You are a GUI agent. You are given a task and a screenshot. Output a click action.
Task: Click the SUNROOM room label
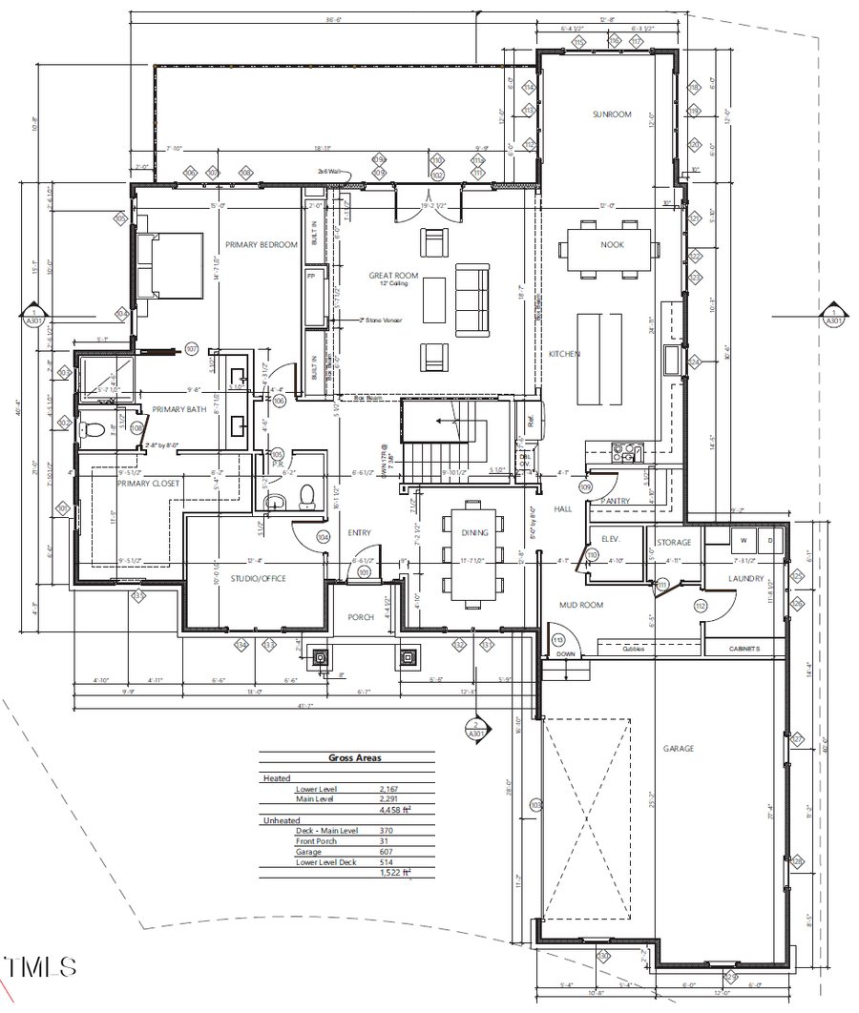tap(612, 114)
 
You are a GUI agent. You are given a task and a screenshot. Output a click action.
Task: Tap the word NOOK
tap(612, 244)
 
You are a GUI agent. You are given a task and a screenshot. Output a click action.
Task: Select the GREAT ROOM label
tap(394, 276)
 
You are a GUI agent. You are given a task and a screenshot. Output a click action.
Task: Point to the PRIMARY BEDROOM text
tap(261, 244)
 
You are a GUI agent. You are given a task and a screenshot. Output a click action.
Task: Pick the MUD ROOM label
tap(581, 605)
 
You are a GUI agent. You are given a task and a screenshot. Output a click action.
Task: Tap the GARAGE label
tap(679, 749)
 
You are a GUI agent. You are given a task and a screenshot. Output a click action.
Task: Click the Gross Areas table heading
tap(354, 758)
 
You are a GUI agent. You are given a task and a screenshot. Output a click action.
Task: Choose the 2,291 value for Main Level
tap(388, 799)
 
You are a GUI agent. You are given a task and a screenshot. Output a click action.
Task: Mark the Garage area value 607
tap(388, 852)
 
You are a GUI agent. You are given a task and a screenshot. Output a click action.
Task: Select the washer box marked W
tap(742, 540)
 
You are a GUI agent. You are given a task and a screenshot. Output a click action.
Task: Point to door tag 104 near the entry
tap(323, 538)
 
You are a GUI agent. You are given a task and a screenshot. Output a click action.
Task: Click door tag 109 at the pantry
tap(585, 487)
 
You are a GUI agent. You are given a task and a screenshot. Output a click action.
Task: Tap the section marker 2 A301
tap(474, 730)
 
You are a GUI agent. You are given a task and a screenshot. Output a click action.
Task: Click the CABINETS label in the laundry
tap(744, 649)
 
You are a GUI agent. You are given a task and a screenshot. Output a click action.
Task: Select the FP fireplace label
tap(311, 276)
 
